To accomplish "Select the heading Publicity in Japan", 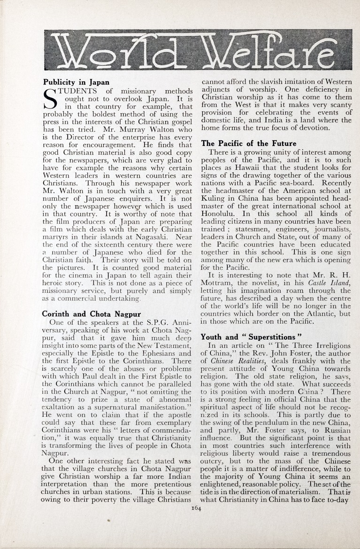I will (76, 82).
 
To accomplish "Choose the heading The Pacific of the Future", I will (248, 143).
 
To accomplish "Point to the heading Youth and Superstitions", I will (248, 337).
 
